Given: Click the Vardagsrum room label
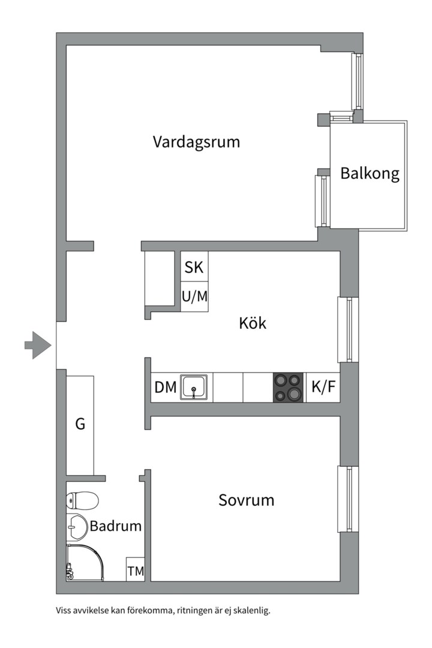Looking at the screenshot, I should (x=196, y=142).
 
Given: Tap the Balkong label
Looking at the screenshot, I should (x=370, y=173).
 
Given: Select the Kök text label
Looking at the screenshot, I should (x=253, y=323).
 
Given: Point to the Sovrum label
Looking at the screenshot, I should (x=246, y=500).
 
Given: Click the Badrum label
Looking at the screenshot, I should (x=116, y=526).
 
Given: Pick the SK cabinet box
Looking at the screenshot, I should (x=194, y=267).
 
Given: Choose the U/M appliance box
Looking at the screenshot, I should (x=194, y=296).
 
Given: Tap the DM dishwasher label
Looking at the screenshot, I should (x=165, y=388).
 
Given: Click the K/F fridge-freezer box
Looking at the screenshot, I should (x=323, y=388).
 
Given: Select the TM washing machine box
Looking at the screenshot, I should (x=136, y=571).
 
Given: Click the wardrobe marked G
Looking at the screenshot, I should (x=80, y=424).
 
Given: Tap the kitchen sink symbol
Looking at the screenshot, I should (x=195, y=388).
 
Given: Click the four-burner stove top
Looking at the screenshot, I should (x=289, y=388).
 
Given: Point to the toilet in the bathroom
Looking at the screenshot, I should (x=82, y=499).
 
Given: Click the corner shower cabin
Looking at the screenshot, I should (x=84, y=563).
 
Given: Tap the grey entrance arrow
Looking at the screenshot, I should (x=38, y=345).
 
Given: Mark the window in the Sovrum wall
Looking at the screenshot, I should (x=347, y=499).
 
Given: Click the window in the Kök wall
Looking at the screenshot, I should (x=347, y=329).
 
